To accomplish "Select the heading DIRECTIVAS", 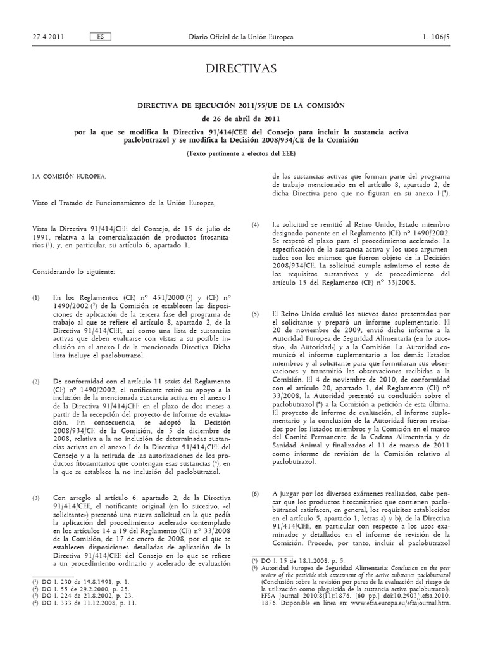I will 242,69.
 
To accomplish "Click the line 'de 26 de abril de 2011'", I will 242,119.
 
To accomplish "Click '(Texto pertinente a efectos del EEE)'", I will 242,154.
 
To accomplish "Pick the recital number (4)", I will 256,225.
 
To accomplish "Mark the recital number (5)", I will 256,314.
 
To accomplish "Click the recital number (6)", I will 256,492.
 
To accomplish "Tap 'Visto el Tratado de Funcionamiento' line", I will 124,203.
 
